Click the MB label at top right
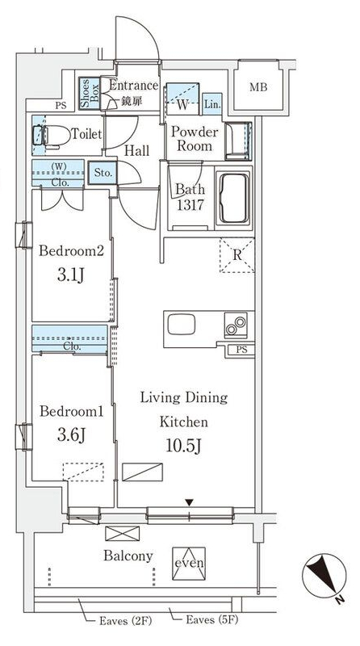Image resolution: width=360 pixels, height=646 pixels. point(258,87)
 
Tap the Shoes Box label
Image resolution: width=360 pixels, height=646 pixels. point(89,94)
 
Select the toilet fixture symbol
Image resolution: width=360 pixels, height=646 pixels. point(52,136)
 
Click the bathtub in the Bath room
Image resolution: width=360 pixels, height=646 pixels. point(233,198)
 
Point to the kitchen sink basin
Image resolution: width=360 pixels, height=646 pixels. point(182,325)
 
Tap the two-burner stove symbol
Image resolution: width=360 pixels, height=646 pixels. point(236,325)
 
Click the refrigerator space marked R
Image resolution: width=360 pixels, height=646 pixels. point(237,254)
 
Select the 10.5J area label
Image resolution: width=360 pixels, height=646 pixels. point(183,446)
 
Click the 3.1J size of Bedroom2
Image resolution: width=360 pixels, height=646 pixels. point(70,275)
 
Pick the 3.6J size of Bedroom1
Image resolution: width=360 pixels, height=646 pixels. point(71,435)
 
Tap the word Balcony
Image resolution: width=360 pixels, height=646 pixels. point(128,556)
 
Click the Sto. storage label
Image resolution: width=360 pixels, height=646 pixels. point(103,173)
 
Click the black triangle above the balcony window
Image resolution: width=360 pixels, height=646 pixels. point(189,502)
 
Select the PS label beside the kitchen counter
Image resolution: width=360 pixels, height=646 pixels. point(242,350)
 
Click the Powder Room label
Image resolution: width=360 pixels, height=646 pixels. point(195,139)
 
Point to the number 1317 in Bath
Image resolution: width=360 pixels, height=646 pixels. point(190,205)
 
